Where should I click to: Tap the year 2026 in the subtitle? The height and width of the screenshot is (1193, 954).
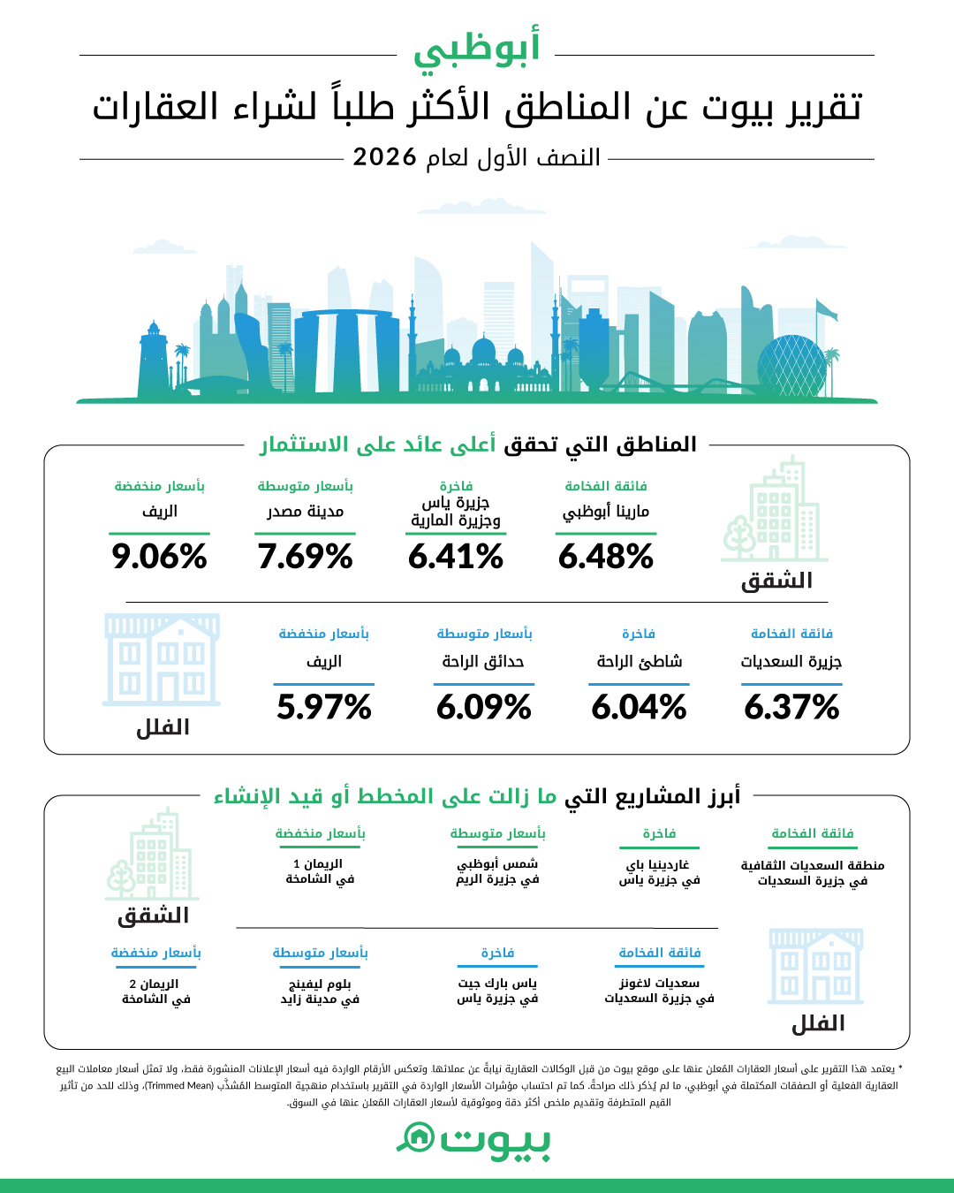[384, 157]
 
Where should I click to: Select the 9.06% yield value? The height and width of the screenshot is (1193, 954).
[159, 556]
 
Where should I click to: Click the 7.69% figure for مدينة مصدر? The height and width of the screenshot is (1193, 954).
[305, 556]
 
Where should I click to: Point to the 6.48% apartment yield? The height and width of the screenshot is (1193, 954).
[606, 556]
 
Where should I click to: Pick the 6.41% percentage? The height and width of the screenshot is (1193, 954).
[456, 556]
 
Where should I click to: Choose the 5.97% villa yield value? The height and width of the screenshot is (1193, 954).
[323, 707]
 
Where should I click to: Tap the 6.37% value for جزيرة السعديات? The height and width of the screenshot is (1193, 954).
[791, 707]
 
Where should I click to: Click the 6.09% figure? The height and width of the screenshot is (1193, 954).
[484, 707]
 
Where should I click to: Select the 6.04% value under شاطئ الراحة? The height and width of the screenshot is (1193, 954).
[639, 707]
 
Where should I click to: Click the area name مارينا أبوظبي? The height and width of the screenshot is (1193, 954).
[606, 511]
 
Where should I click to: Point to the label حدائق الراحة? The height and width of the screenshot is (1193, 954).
[483, 661]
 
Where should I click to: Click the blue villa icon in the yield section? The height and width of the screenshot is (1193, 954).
[162, 660]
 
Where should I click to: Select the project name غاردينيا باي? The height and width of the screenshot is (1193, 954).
[657, 865]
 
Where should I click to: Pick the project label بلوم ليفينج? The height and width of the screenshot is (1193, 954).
[320, 984]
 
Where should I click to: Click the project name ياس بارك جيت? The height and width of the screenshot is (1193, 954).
[497, 984]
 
